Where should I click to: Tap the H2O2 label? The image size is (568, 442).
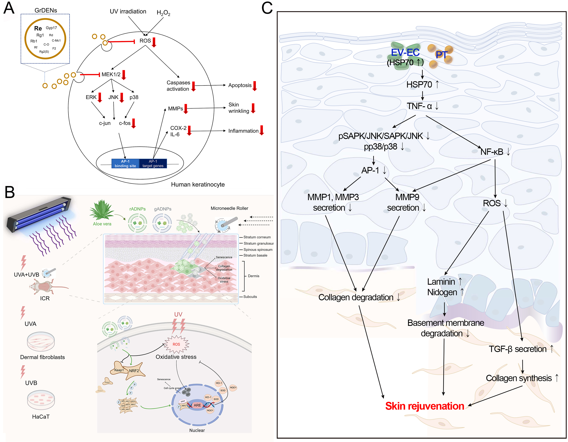163,13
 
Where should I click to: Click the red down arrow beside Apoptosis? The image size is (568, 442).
255,86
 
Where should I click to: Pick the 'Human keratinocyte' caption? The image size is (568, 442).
198,185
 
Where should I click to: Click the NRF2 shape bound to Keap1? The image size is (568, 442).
135,371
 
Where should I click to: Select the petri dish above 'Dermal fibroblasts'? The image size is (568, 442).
41,342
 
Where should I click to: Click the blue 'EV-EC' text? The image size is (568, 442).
405,53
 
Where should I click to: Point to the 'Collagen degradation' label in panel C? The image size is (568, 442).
356,297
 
